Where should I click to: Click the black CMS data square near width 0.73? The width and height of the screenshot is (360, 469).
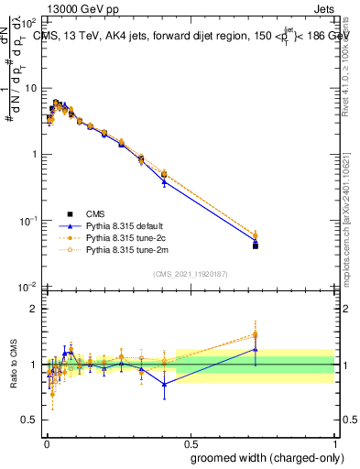pos(256,245)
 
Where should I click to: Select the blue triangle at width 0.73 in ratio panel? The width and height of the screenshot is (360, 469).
pos(256,349)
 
